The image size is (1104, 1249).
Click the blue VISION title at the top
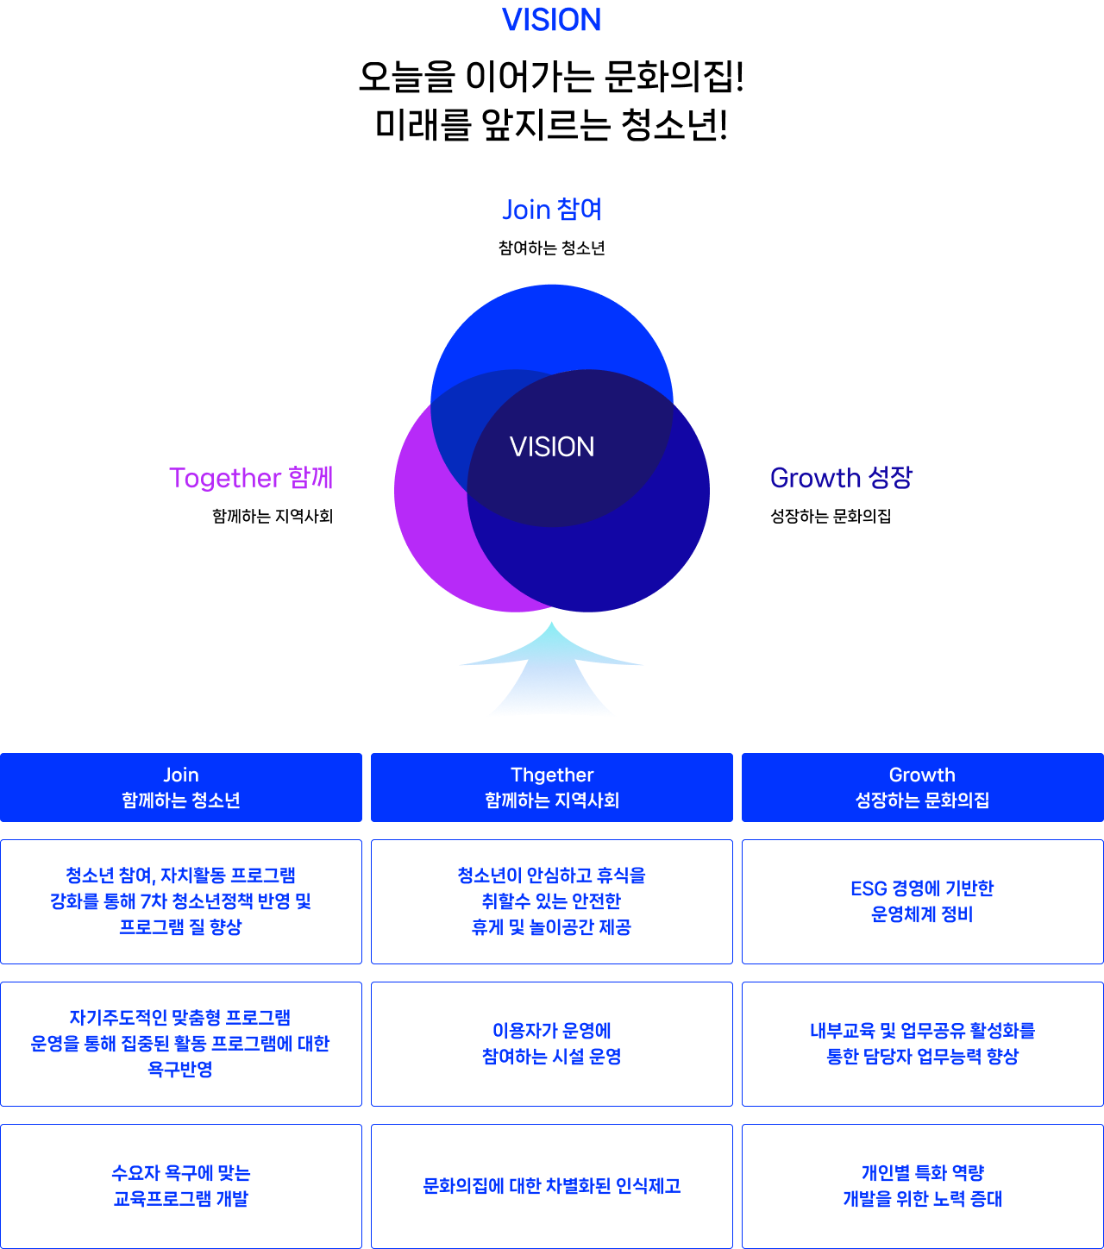click(551, 20)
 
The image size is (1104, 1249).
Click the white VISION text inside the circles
click(552, 447)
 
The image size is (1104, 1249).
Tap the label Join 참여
click(552, 210)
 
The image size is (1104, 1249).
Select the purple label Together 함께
click(251, 478)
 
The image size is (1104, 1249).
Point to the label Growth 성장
click(841, 478)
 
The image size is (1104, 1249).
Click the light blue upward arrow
click(551, 672)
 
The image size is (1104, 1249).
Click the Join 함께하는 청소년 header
click(181, 788)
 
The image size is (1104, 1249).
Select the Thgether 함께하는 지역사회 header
click(552, 788)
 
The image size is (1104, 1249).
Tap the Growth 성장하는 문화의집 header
click(922, 788)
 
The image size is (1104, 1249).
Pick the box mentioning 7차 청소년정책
click(181, 901)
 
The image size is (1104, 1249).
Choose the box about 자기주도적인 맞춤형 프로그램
click(181, 1044)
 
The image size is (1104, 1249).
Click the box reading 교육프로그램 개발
click(181, 1186)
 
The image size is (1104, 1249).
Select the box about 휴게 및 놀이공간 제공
click(552, 901)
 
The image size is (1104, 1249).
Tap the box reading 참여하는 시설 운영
click(552, 1044)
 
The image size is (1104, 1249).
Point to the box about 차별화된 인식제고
click(552, 1186)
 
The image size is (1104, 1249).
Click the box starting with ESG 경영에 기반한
click(922, 901)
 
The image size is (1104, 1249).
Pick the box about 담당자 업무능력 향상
click(922, 1044)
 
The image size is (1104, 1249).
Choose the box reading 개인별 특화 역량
click(922, 1186)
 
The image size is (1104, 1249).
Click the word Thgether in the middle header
click(552, 775)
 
